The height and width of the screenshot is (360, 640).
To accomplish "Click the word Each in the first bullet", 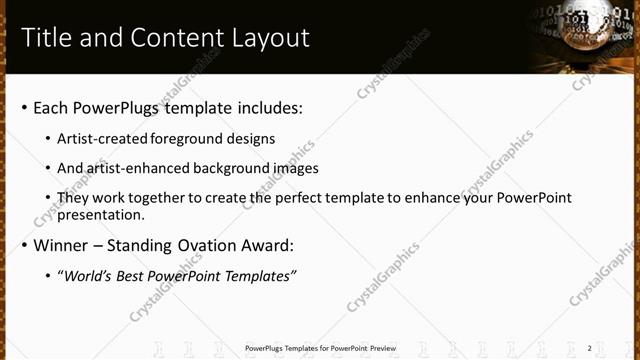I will [x=52, y=107].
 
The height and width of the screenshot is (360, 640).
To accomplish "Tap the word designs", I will [x=252, y=139].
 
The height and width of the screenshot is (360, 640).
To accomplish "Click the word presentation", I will [x=100, y=214].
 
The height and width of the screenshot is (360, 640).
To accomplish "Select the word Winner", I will [x=62, y=245].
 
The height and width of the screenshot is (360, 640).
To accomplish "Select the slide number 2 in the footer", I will [x=589, y=348].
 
